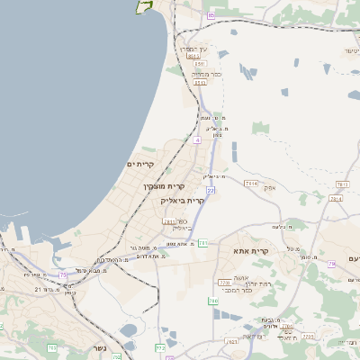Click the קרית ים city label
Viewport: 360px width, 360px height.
141,164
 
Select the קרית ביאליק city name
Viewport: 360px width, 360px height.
183,201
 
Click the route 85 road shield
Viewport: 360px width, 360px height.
210,15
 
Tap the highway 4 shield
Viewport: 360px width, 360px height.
195,140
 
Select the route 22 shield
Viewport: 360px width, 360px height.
210,192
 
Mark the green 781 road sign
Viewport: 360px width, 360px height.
204,243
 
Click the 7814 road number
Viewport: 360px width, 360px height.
250,184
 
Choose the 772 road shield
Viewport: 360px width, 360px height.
160,346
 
